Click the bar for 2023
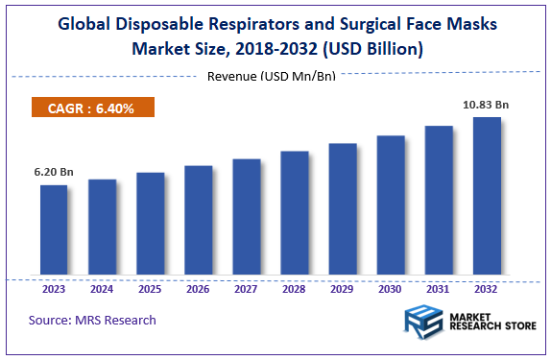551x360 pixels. (54, 230)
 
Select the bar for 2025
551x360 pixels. (150, 225)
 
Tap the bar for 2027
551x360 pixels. (247, 218)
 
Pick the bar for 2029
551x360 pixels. (343, 210)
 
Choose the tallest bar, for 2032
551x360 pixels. (487, 197)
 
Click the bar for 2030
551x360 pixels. (391, 206)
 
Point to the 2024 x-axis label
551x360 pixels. (102, 287)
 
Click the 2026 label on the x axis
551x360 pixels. (198, 287)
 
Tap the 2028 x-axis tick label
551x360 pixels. (295, 287)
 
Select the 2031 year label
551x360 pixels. (439, 287)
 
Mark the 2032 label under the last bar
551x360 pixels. (487, 287)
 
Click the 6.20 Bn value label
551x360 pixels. (54, 173)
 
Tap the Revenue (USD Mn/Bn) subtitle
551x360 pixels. (271, 76)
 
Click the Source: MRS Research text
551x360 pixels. (92, 320)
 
